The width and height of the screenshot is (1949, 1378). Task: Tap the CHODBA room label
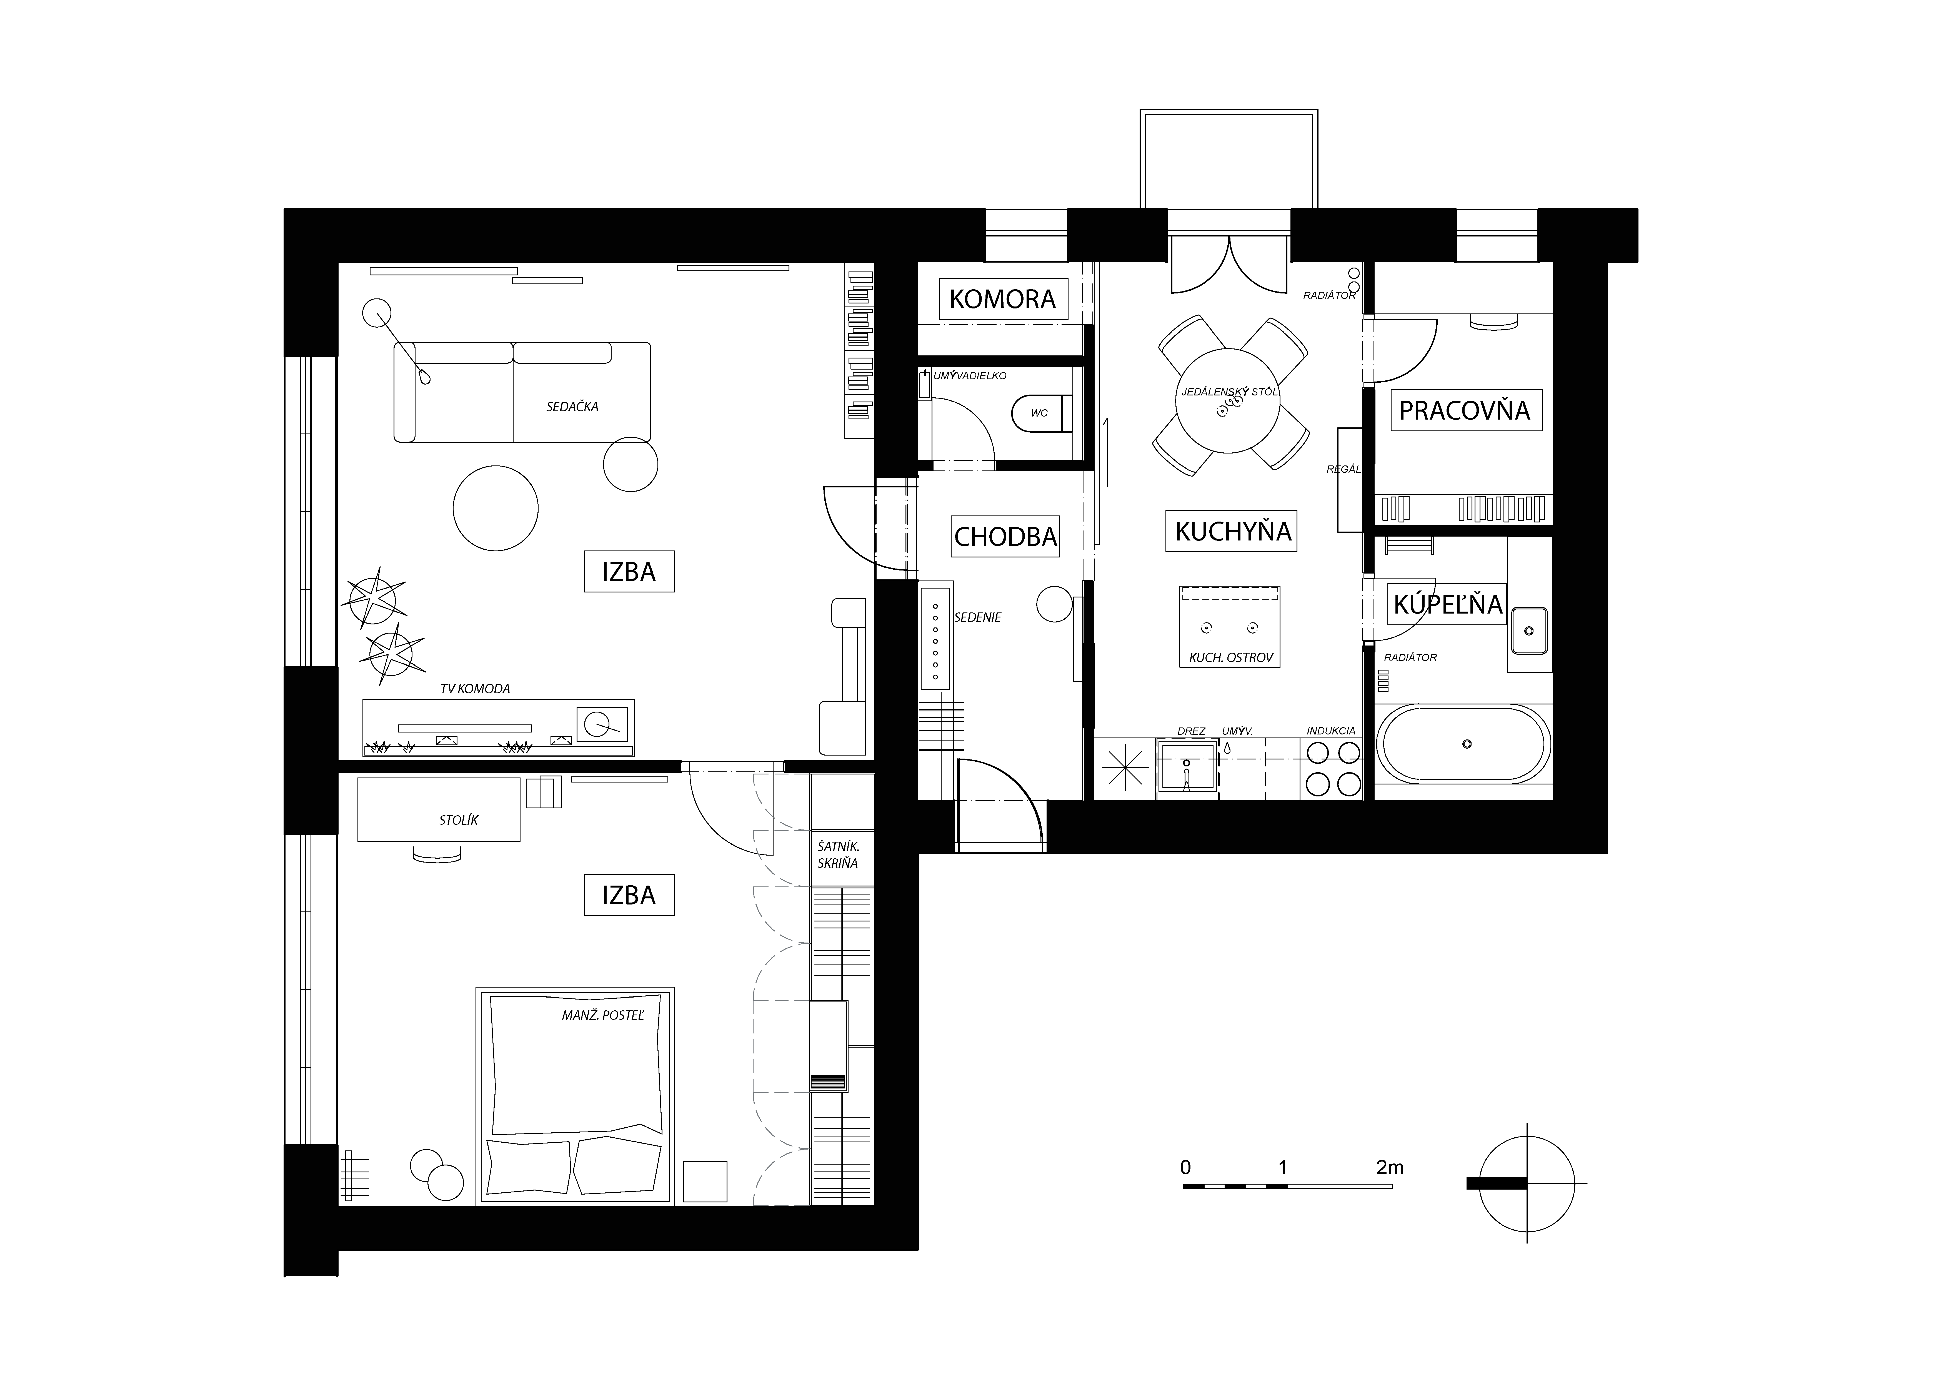tap(1005, 537)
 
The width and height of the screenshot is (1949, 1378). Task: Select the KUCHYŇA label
tap(1233, 532)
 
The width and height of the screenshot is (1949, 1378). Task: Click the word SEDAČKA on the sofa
tap(572, 407)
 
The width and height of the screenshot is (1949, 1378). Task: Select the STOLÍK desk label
tap(458, 820)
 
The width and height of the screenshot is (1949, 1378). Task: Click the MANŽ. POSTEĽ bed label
tap(603, 1015)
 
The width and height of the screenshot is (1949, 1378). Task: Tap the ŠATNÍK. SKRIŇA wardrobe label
tap(838, 854)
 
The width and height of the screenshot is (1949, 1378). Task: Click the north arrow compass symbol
tap(1526, 1183)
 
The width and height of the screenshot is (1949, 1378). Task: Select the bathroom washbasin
tap(1528, 631)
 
